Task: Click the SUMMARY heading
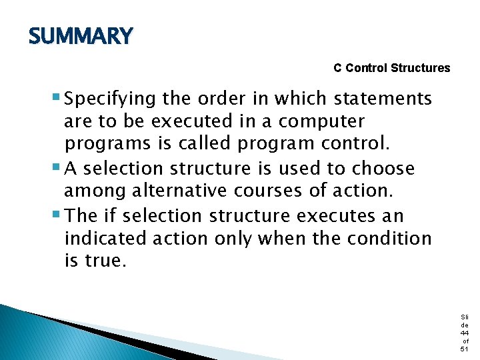tap(81, 36)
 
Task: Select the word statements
tap(383, 99)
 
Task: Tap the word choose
tap(383, 169)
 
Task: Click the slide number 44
tap(464, 332)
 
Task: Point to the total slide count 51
tap(464, 349)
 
